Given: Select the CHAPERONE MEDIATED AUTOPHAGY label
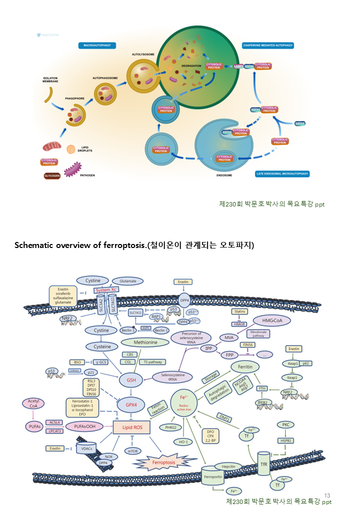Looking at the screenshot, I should pyautogui.click(x=268, y=45).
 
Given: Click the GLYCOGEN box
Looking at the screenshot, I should pyautogui.click(x=52, y=175).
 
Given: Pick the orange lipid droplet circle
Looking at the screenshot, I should pyautogui.click(x=71, y=149).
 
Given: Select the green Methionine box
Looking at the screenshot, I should pyautogui.click(x=145, y=342).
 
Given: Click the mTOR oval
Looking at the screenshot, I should pyautogui.click(x=133, y=451).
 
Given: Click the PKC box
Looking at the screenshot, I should pyautogui.click(x=285, y=424).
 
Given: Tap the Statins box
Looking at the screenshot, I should pyautogui.click(x=239, y=311).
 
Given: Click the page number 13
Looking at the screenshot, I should pyautogui.click(x=327, y=495).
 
